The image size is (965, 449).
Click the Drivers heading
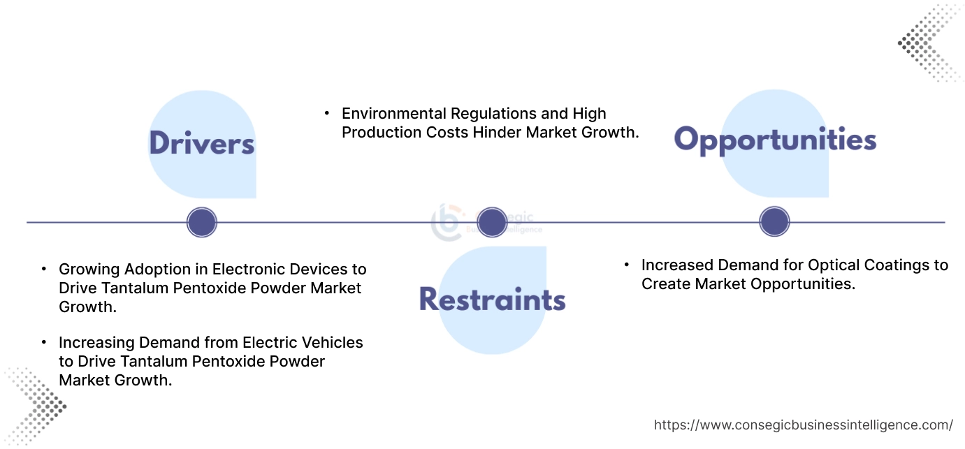pyautogui.click(x=202, y=143)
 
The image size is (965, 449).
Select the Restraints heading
pyautogui.click(x=492, y=299)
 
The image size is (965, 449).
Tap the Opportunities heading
pyautogui.click(x=775, y=140)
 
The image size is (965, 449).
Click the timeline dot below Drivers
pyautogui.click(x=202, y=222)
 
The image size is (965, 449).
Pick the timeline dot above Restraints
pyautogui.click(x=492, y=222)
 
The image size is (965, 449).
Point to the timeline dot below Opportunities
pyautogui.click(x=774, y=221)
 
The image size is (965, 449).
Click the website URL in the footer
pyautogui.click(x=804, y=425)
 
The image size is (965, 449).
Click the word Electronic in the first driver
pyautogui.click(x=249, y=269)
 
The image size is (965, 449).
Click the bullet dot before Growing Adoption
pyautogui.click(x=44, y=269)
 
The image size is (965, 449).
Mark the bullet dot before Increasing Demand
pyautogui.click(x=44, y=342)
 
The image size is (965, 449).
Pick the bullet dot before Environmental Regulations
pyautogui.click(x=327, y=113)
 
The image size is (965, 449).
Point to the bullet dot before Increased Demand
pyautogui.click(x=627, y=265)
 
